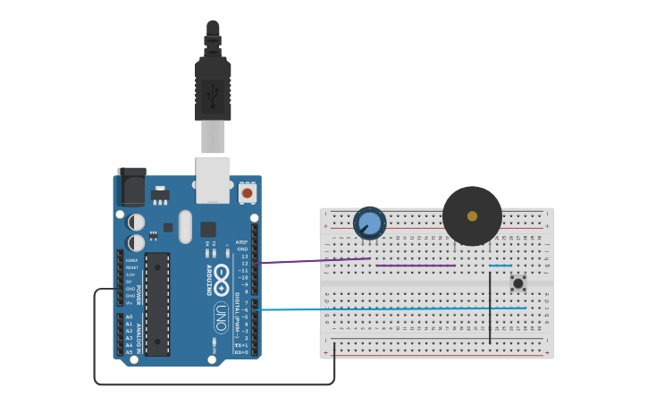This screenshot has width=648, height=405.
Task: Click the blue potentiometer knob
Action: pyautogui.click(x=369, y=223)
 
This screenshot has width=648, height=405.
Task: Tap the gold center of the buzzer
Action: pyautogui.click(x=472, y=216)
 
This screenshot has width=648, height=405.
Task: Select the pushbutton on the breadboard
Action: pyautogui.click(x=518, y=283)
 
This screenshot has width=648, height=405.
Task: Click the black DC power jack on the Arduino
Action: pyautogui.click(x=132, y=187)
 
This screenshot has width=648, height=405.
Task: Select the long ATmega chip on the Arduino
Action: pyautogui.click(x=157, y=304)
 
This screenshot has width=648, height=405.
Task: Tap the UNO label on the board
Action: pyautogui.click(x=221, y=318)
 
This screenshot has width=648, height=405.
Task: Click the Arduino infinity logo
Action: pyautogui.click(x=222, y=272)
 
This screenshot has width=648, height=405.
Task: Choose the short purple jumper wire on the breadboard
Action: pyautogui.click(x=416, y=266)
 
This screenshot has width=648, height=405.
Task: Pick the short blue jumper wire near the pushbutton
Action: pyautogui.click(x=501, y=266)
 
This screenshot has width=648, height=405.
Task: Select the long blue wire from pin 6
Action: pyautogui.click(x=393, y=309)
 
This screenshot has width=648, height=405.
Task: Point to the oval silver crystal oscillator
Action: pyautogui.click(x=185, y=226)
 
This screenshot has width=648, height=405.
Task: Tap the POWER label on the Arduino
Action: pyautogui.click(x=139, y=295)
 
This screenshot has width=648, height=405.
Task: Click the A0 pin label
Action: pyautogui.click(x=129, y=317)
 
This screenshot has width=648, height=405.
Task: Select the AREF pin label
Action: pyautogui.click(x=241, y=242)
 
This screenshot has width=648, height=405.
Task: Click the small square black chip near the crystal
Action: pyautogui.click(x=208, y=229)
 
